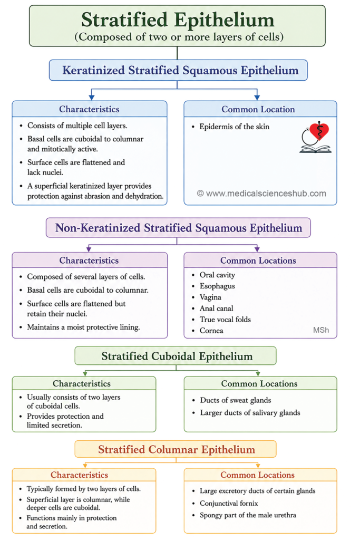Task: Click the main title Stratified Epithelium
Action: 178,20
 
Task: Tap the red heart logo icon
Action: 319,131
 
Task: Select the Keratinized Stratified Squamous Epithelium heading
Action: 180,70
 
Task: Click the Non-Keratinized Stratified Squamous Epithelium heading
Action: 179,228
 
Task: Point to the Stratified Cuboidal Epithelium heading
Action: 177,356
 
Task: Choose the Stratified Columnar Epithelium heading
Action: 177,449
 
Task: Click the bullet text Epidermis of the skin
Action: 235,127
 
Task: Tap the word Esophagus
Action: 217,286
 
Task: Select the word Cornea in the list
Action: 211,331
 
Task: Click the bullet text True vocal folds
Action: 225,319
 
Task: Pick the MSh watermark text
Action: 321,330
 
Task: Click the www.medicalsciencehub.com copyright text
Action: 261,194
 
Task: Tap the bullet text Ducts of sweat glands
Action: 236,400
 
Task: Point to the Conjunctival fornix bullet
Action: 229,503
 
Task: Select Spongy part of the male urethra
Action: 248,515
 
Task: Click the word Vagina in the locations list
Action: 210,297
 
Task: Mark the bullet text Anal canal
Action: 216,308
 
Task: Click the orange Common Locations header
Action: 257,475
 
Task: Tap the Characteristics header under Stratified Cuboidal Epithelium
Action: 82,384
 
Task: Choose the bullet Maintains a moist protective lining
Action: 83,327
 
